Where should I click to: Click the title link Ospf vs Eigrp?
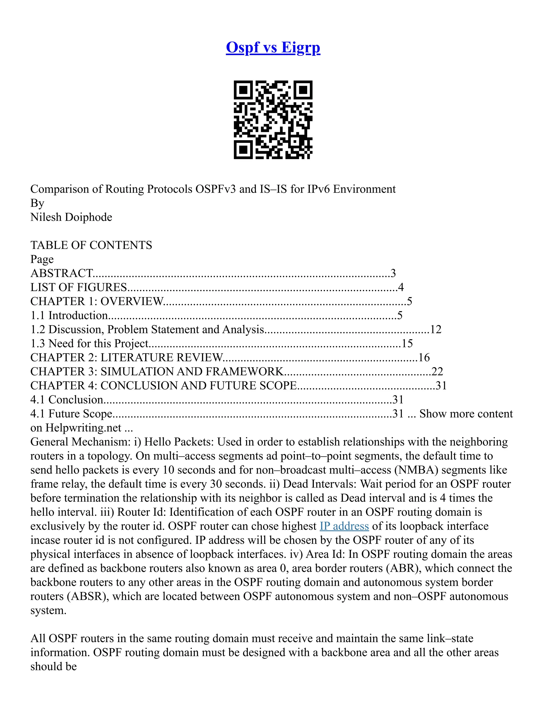coord(273,47)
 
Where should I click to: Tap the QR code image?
coord(273,120)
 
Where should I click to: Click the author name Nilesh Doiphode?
coord(71,217)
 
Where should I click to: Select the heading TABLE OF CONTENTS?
coord(91,245)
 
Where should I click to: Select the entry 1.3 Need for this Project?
coord(89,343)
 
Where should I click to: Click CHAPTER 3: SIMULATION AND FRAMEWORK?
coord(157,371)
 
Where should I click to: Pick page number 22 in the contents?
coord(437,371)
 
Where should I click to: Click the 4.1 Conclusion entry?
coord(67,400)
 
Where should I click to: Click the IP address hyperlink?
coord(344,526)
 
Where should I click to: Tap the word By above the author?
coord(37,203)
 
